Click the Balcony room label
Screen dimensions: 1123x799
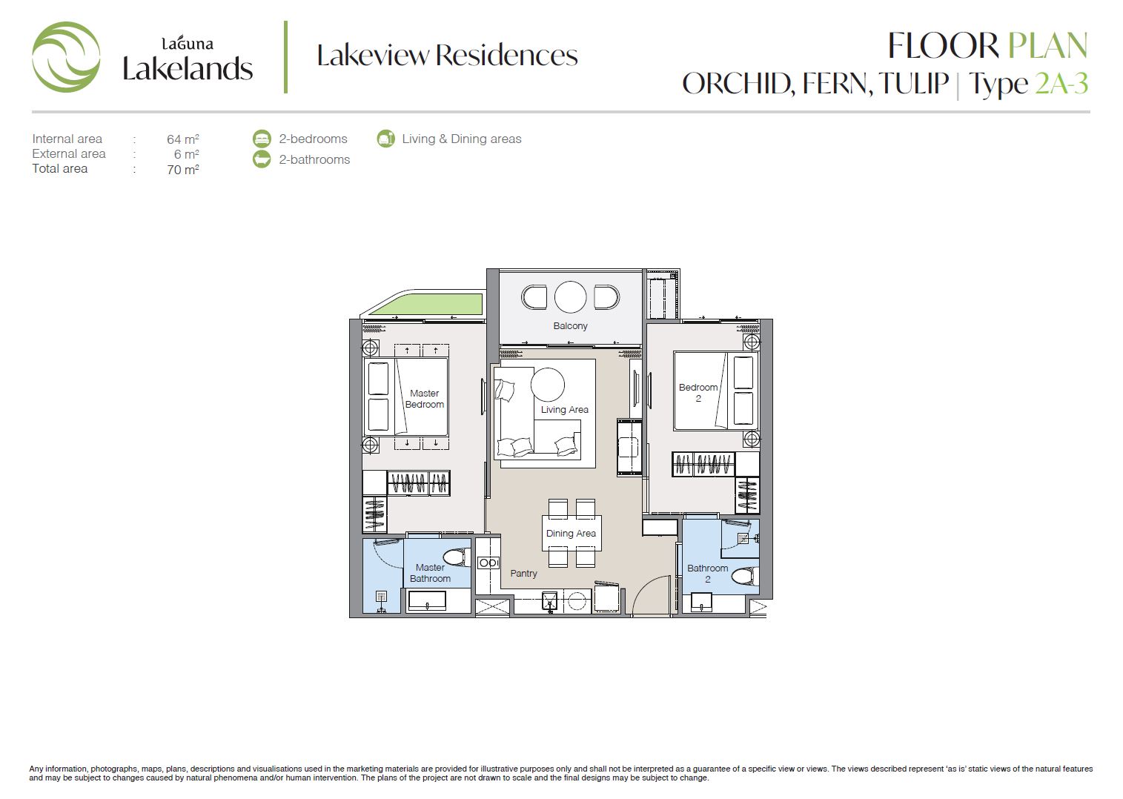[570, 326]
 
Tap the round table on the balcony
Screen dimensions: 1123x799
[570, 297]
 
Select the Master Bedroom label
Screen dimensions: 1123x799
[425, 399]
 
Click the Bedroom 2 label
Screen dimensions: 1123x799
[698, 393]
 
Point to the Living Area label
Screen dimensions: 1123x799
[565, 410]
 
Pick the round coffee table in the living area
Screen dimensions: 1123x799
[548, 385]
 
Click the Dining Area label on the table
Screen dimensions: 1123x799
[571, 534]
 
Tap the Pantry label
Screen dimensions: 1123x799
[523, 574]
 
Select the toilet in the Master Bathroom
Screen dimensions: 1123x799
[456, 557]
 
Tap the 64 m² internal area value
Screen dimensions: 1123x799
[183, 139]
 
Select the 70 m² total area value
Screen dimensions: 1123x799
[183, 170]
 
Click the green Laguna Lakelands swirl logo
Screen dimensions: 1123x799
[66, 56]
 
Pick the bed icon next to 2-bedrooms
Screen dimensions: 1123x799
[262, 139]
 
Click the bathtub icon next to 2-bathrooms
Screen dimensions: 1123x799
[262, 159]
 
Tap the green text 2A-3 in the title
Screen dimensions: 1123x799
[1061, 83]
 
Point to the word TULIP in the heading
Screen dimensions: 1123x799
[913, 83]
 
